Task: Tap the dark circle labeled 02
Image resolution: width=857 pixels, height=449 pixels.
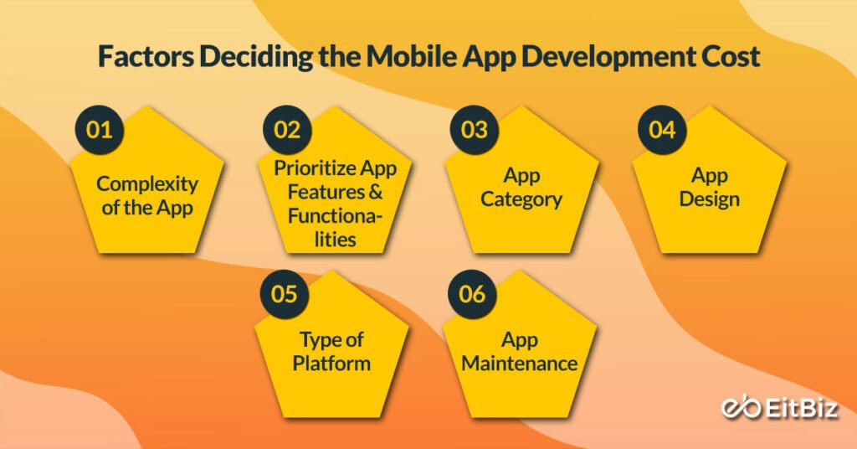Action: coord(286,130)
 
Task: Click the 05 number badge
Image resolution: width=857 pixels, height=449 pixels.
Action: coord(286,294)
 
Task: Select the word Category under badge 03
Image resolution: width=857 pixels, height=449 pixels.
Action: coord(521,199)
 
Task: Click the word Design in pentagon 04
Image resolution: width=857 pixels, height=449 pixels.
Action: coord(709,199)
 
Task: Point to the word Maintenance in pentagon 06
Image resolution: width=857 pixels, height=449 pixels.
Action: coord(520,364)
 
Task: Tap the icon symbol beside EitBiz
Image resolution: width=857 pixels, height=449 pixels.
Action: coord(739,408)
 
